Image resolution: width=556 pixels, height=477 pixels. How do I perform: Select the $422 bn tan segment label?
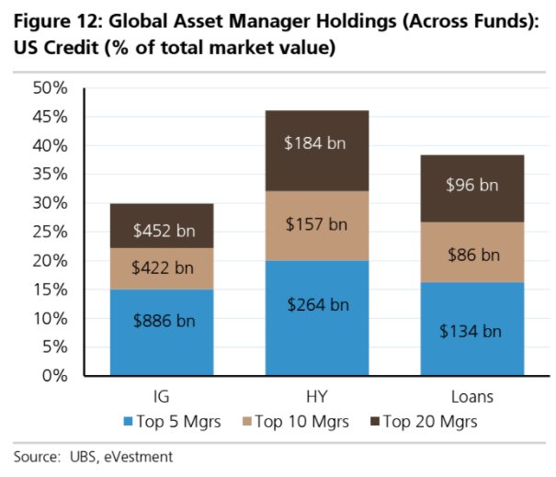tap(164, 268)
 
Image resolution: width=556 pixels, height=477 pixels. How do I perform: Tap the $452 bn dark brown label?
tap(164, 231)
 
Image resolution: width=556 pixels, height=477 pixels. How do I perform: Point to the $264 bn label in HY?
tap(317, 304)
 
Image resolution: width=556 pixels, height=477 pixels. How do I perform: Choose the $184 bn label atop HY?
tap(317, 144)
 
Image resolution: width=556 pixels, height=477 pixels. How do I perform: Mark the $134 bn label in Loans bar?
tap(471, 331)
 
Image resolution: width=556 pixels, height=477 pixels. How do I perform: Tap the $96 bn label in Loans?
tap(471, 185)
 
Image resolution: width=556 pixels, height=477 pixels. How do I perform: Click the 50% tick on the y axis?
tap(50, 88)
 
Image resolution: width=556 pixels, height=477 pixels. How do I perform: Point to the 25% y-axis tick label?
tap(50, 232)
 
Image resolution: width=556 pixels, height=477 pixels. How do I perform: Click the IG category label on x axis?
tap(164, 398)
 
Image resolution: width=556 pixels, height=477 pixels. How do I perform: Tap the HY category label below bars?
tap(317, 398)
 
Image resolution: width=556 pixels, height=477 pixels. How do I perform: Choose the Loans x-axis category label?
tap(471, 398)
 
